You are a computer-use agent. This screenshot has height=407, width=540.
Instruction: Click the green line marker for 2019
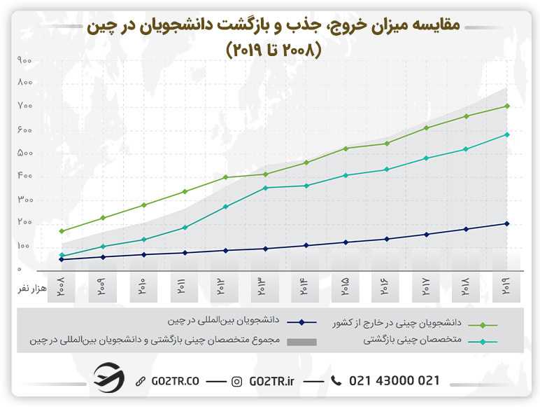tap(506, 106)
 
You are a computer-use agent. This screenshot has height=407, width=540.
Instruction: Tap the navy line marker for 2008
tap(62, 259)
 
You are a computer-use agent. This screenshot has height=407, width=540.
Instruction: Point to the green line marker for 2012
tap(225, 177)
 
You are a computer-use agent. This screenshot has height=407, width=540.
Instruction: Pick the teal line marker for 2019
tap(506, 134)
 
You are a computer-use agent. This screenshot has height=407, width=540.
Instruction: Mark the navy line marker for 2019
tap(506, 223)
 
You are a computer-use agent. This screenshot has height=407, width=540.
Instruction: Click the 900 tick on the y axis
tap(25, 61)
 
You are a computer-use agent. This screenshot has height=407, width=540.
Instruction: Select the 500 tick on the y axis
tap(25, 153)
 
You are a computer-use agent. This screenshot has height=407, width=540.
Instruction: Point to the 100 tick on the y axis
tap(25, 247)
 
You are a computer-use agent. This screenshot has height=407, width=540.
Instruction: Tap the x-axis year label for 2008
tap(62, 287)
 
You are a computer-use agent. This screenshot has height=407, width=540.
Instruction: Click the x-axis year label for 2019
tap(506, 287)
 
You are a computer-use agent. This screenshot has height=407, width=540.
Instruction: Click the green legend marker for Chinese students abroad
tap(483, 325)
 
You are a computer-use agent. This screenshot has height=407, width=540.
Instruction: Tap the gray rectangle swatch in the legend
tap(301, 342)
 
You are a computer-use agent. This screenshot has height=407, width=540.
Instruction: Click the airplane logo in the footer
tap(109, 380)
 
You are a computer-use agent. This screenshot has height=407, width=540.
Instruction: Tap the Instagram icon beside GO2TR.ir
tap(237, 381)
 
